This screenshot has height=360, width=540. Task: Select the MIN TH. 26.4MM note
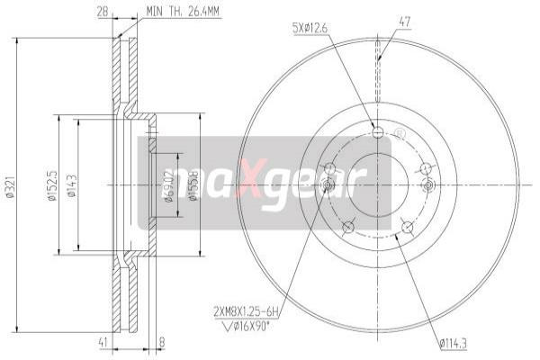184,13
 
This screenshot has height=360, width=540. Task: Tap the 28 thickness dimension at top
103,12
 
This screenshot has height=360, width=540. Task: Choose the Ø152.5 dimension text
52,185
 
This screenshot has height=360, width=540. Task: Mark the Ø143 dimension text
71,185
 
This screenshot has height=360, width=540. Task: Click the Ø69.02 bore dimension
168,185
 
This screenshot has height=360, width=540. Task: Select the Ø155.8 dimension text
192,185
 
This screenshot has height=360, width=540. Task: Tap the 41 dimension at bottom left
104,342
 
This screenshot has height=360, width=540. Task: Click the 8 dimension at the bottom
161,342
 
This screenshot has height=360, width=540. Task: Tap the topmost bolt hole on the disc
377,133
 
